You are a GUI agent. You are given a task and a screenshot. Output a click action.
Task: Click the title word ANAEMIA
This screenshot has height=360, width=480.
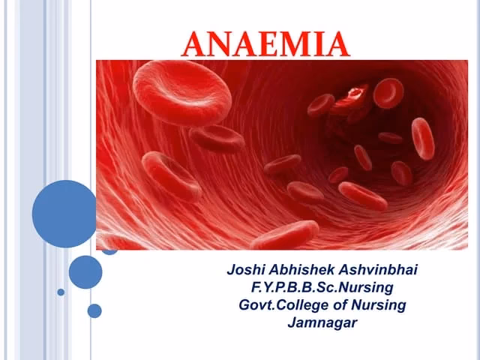pyautogui.click(x=266, y=44)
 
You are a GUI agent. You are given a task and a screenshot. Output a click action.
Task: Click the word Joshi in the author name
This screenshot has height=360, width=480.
pyautogui.click(x=247, y=268)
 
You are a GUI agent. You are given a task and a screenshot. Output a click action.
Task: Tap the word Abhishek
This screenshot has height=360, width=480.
pyautogui.click(x=302, y=268)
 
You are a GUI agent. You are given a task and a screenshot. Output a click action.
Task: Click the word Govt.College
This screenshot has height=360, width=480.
pyautogui.click(x=282, y=305)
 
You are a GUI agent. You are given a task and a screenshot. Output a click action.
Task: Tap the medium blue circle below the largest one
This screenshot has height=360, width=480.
pyautogui.click(x=85, y=271)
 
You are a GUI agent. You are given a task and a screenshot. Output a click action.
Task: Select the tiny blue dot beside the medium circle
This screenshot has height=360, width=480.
pyautogui.click(x=61, y=292)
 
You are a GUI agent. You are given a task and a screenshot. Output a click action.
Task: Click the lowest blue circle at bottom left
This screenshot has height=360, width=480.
pyautogui.click(x=94, y=310)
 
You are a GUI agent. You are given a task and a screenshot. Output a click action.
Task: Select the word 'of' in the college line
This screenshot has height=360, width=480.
pyautogui.click(x=338, y=305)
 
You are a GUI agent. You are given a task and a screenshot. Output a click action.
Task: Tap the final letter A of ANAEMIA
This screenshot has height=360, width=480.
pyautogui.click(x=336, y=45)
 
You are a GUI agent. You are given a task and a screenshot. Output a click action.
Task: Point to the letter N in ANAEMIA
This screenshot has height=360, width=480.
pyautogui.click(x=219, y=45)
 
